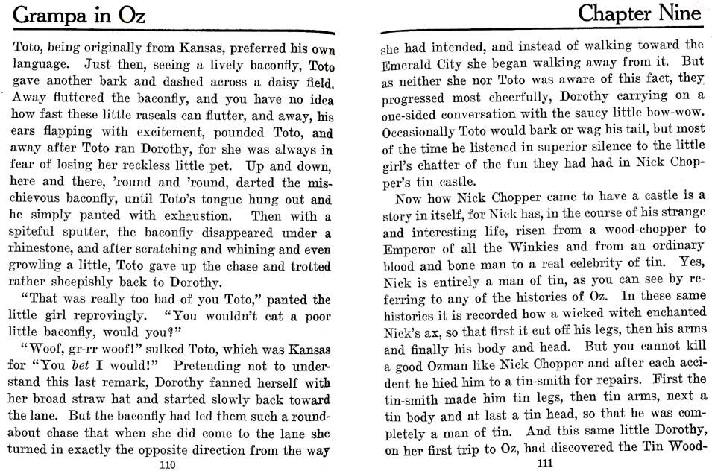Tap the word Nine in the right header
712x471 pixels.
[x=675, y=13]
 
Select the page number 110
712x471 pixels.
[x=167, y=464]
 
